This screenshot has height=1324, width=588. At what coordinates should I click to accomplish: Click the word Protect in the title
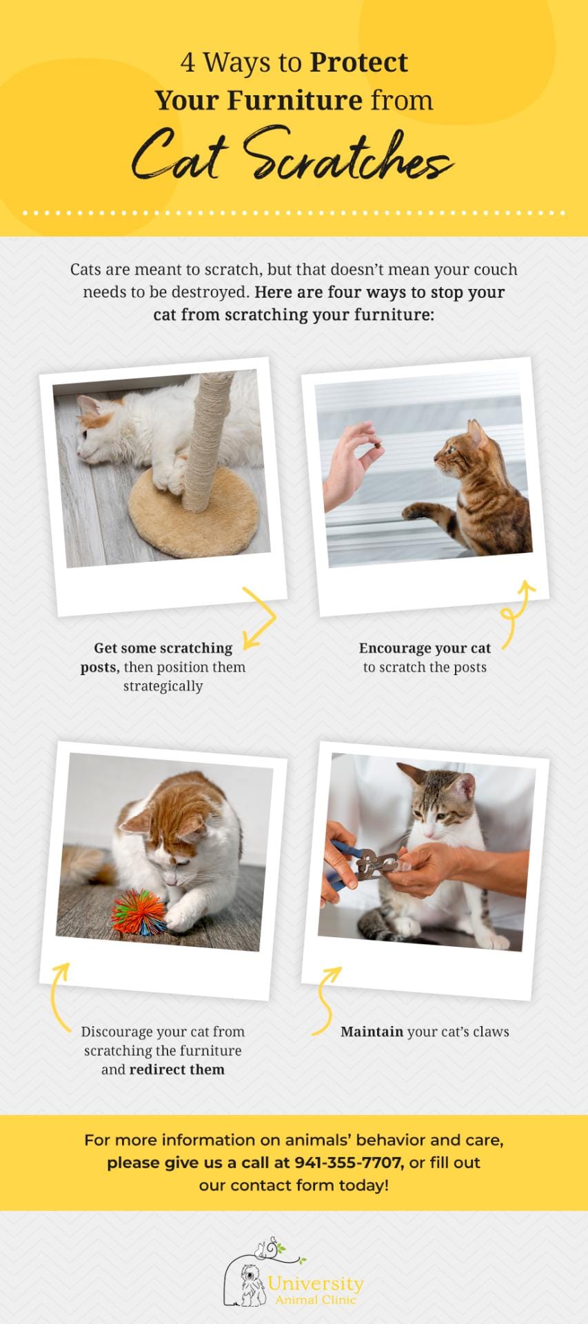(x=358, y=63)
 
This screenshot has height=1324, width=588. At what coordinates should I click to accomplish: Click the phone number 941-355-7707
(x=348, y=1162)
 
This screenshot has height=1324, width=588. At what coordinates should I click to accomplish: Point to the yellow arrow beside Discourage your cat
(x=60, y=997)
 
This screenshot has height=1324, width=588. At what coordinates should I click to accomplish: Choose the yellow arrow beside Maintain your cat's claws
(x=325, y=1001)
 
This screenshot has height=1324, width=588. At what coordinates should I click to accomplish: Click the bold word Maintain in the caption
(x=372, y=1032)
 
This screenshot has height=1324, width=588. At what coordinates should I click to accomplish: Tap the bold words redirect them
(x=177, y=1070)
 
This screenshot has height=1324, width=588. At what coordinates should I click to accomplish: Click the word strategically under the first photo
(x=163, y=686)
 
